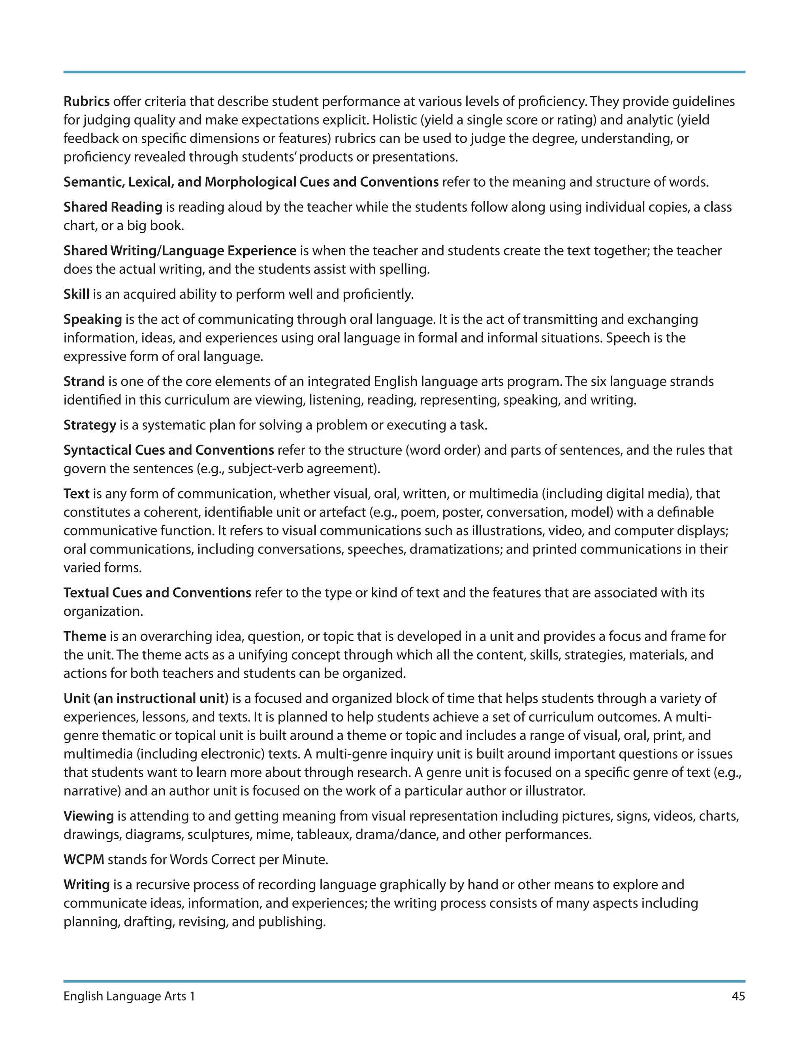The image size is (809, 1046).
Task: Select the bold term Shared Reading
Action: tap(113, 207)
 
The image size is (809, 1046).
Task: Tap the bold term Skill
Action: tap(76, 294)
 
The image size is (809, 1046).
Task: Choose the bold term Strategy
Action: tap(90, 425)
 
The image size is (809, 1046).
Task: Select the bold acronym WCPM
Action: tap(84, 859)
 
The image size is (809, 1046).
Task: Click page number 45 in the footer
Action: tap(738, 996)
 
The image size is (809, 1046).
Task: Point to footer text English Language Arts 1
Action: tap(130, 996)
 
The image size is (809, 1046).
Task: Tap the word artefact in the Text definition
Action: tap(341, 512)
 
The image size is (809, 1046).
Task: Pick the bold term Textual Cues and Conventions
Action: tap(157, 592)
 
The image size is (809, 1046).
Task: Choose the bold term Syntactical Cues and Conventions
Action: tap(169, 450)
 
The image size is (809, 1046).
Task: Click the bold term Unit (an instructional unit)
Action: tap(146, 698)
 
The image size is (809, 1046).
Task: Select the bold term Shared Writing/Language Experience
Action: tap(180, 251)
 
